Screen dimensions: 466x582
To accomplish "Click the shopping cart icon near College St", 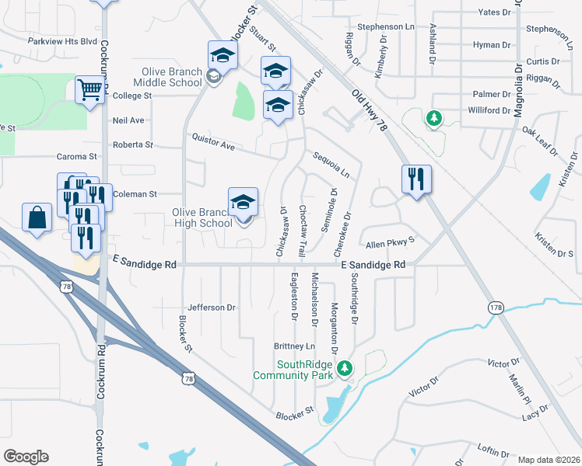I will click(x=90, y=90).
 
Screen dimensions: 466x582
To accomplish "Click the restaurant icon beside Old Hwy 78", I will click(x=416, y=179).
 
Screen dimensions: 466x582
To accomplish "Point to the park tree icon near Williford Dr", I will click(x=434, y=118).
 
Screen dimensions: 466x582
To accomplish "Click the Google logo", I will click(x=26, y=457).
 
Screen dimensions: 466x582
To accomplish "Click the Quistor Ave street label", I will click(x=213, y=141).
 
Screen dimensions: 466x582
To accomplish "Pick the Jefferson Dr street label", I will click(x=211, y=308).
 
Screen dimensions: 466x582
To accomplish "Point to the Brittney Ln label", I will click(x=294, y=346).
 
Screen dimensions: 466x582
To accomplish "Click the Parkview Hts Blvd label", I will click(x=61, y=40).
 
